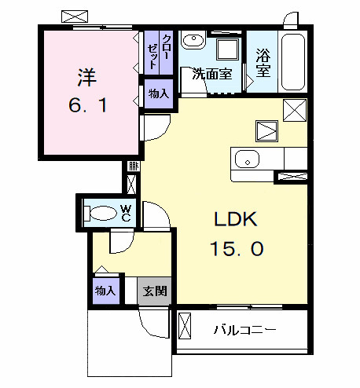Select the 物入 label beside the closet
point(159,93)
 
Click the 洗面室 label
point(212,75)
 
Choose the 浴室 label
point(263,64)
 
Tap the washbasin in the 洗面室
point(193,42)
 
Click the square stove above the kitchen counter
point(266,130)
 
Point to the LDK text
point(234,221)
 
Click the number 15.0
point(236,250)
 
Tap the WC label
point(125,212)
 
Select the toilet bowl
point(101,212)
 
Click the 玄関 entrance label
point(156,291)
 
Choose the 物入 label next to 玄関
point(105,291)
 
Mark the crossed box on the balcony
point(186,328)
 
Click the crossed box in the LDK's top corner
point(295,112)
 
